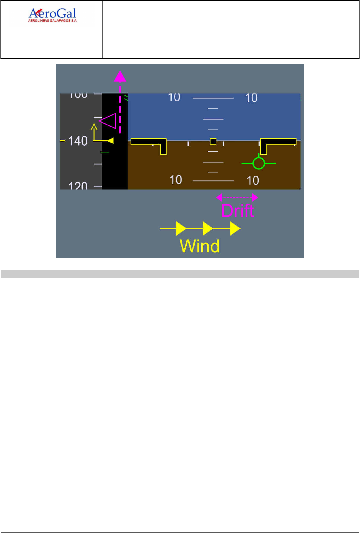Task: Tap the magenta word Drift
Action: click(237, 210)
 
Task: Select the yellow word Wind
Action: click(200, 246)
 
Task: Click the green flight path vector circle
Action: click(258, 163)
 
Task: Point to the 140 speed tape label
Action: click(78, 141)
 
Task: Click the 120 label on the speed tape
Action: click(78, 186)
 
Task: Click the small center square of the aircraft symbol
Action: click(213, 141)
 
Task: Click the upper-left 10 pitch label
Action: click(174, 97)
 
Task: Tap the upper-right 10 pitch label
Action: click(251, 98)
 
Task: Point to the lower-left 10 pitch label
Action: click(176, 179)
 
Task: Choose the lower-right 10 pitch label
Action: click(253, 180)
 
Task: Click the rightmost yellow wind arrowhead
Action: click(235, 229)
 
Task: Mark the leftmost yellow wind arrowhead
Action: click(181, 229)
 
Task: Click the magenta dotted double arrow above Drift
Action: click(236, 197)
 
